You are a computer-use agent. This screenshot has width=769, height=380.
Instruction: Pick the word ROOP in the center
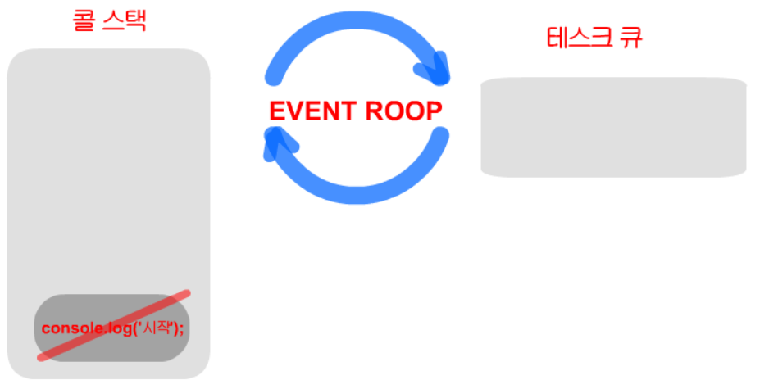click(403, 111)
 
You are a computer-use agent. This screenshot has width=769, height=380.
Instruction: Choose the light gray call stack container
click(108, 180)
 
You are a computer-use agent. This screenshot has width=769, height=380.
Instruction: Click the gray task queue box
click(612, 127)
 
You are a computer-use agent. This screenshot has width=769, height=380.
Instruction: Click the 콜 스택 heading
click(108, 20)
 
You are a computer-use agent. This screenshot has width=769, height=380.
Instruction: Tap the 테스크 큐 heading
click(594, 38)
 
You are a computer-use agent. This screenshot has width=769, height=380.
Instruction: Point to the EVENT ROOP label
click(356, 111)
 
